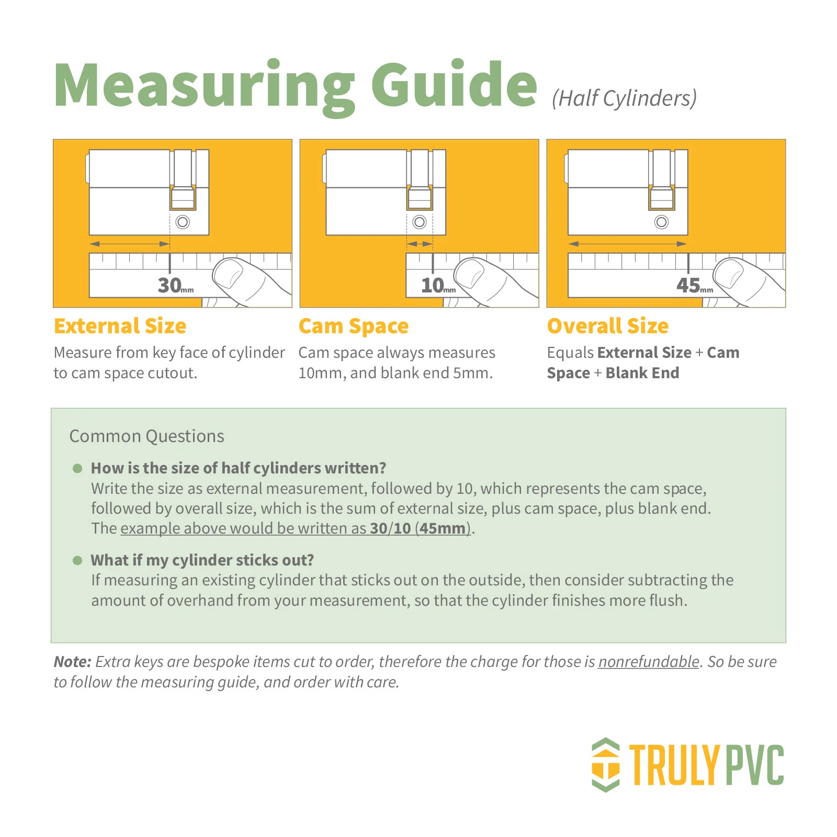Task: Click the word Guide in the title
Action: coord(454,84)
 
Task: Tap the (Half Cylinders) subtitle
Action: coord(624,98)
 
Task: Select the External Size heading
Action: coord(120,326)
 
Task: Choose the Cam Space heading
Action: coord(354,326)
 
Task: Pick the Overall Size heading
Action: coord(608,326)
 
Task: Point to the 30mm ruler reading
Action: coord(176,285)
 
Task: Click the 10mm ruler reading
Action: coord(438,285)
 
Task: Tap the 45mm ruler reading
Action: coord(695,285)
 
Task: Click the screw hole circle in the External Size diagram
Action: coord(183,222)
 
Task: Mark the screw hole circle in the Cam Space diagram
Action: coord(420,222)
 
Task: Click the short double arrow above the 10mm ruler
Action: coord(420,244)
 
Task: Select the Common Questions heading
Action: coord(147,436)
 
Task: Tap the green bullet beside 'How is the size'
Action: coord(77,468)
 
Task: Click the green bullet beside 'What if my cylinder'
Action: coord(77,561)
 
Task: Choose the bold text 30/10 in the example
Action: coord(390,528)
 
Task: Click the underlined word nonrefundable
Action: coord(649,662)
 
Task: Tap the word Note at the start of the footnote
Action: coord(73,662)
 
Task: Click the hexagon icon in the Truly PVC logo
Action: coord(606,765)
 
